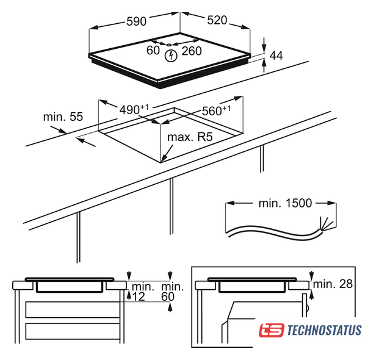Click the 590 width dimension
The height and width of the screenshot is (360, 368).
click(136, 21)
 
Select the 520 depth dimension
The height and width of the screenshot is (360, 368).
click(217, 20)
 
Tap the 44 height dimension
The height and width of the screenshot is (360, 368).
click(276, 56)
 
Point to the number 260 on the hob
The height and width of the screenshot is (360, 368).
click(192, 51)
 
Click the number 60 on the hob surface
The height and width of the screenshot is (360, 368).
click(153, 50)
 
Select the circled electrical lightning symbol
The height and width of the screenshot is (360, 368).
click(171, 56)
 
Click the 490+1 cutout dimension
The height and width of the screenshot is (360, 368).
click(134, 109)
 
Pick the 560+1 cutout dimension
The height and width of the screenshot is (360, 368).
click(216, 110)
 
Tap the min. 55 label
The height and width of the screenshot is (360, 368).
click(63, 117)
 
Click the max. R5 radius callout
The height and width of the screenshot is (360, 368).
click(190, 137)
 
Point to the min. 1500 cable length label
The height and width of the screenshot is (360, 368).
click(285, 203)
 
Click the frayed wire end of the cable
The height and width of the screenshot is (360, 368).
click(327, 224)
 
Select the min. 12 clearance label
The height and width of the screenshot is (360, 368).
click(142, 292)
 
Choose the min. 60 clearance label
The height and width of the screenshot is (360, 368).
click(172, 292)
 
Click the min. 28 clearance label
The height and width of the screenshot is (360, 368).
click(333, 284)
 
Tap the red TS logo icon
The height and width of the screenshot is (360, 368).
click(272, 330)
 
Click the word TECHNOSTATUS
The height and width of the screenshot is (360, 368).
click(324, 330)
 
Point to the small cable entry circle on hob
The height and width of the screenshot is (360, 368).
click(168, 45)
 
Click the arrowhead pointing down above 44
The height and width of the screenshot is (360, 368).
click(264, 48)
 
